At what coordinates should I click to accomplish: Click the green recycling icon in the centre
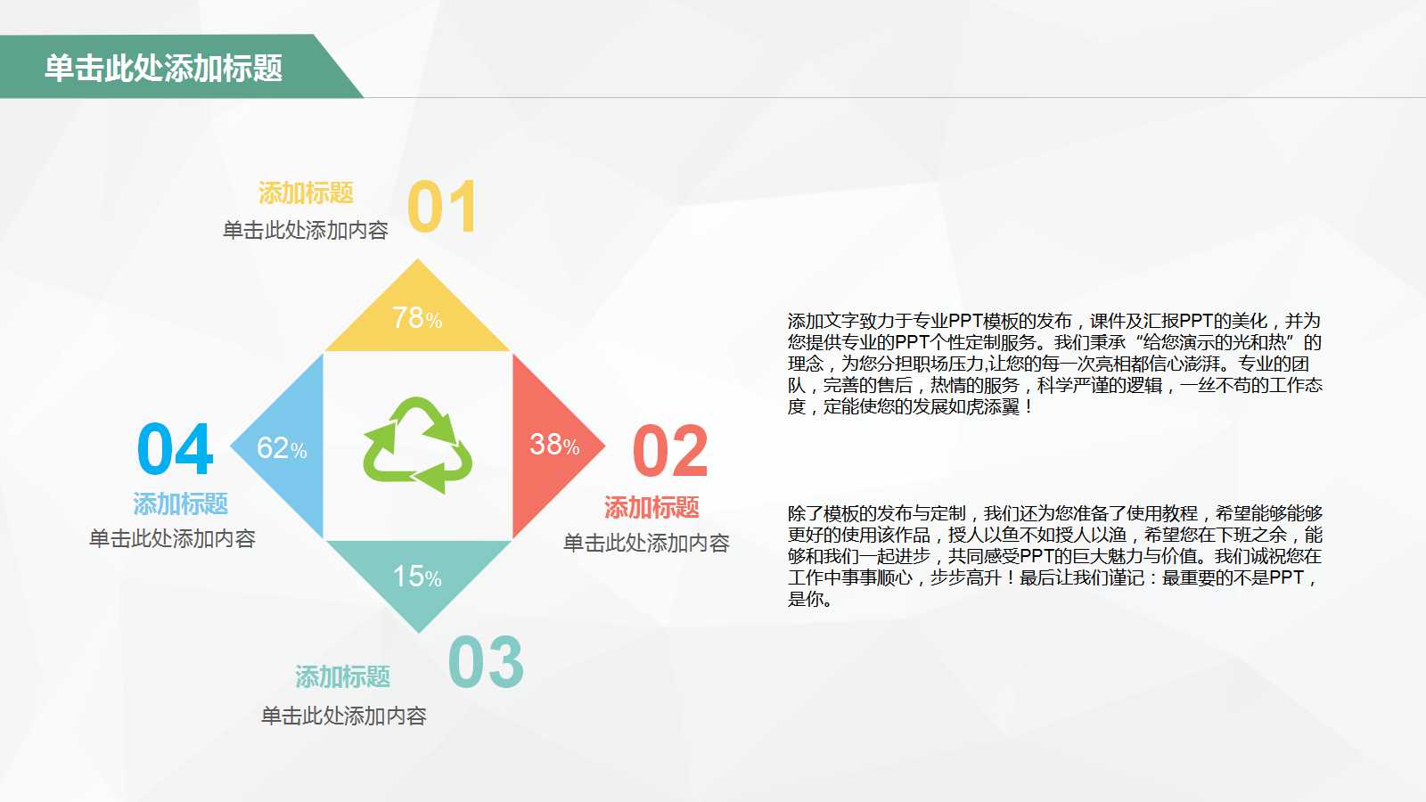[x=417, y=446]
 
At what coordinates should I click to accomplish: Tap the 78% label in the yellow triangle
[x=417, y=318]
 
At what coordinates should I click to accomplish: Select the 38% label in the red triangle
[x=554, y=445]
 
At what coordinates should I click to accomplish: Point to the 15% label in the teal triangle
[x=417, y=577]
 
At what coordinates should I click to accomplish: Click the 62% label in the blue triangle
[x=282, y=448]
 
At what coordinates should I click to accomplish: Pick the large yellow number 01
[x=442, y=208]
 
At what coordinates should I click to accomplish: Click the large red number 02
[x=670, y=452]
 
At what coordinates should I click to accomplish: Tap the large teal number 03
[x=486, y=663]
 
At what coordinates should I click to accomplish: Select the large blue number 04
[x=176, y=450]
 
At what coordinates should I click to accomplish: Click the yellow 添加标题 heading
[x=306, y=192]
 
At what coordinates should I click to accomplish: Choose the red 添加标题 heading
[x=652, y=507]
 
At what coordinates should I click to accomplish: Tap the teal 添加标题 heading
[x=343, y=676]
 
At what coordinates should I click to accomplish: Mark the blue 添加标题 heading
[x=181, y=503]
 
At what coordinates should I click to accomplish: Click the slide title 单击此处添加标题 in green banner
[x=163, y=68]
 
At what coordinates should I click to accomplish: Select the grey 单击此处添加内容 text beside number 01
[x=306, y=231]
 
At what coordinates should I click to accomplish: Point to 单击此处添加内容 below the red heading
[x=646, y=543]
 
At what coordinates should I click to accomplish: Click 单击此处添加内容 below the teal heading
[x=344, y=716]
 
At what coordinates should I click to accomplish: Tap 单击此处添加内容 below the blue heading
[x=173, y=538]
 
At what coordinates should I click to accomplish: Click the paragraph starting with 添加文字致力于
[x=1054, y=364]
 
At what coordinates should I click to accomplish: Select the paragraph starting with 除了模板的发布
[x=1054, y=556]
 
